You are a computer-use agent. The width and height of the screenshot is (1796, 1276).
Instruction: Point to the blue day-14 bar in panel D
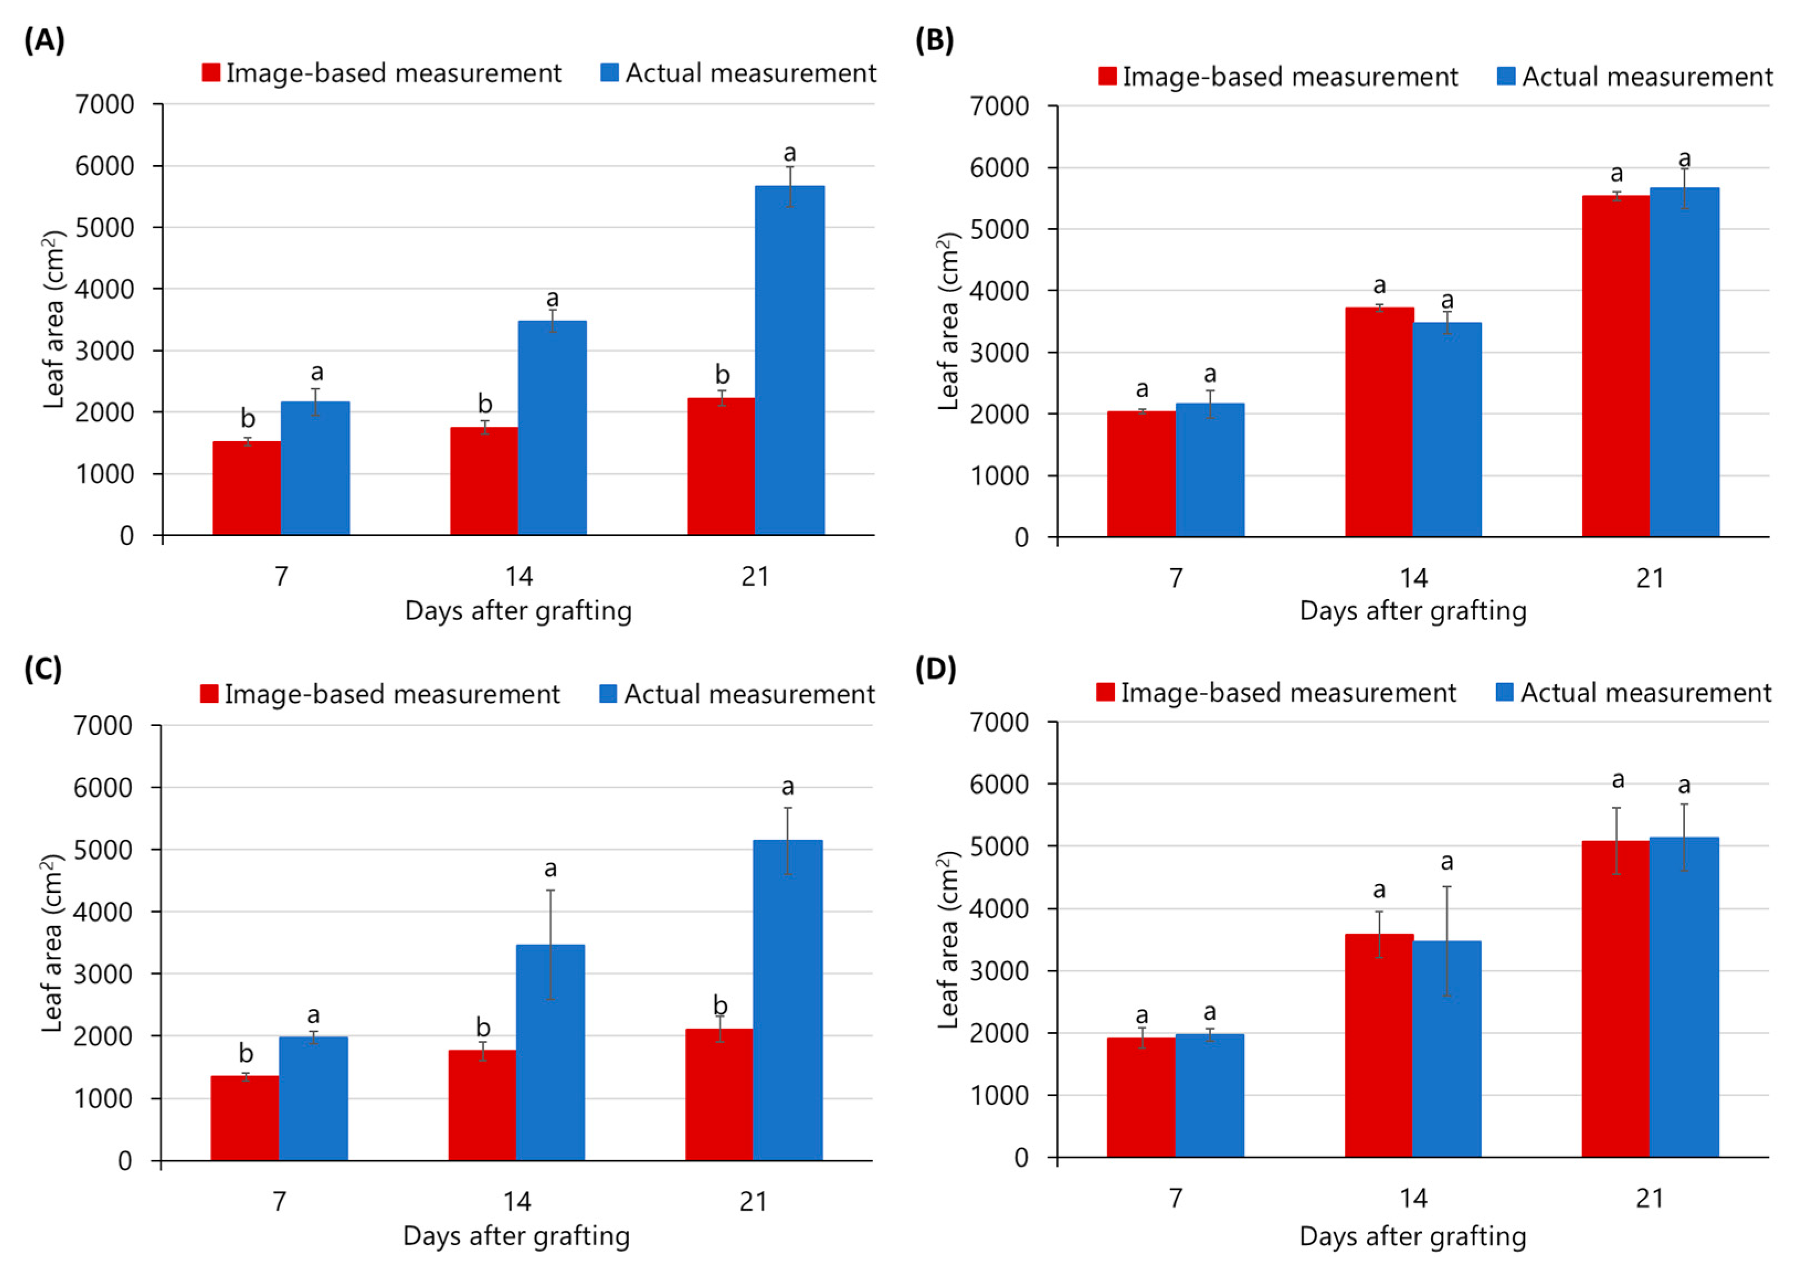[1446, 1049]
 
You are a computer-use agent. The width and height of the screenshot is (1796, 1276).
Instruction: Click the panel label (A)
[44, 39]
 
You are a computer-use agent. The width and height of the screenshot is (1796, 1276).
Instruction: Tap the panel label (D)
[936, 669]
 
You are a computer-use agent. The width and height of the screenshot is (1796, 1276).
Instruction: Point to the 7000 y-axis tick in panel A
[104, 104]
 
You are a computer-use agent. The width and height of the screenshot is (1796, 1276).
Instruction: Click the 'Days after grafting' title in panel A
[518, 611]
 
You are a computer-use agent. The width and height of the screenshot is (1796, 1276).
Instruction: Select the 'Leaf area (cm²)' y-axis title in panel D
[949, 940]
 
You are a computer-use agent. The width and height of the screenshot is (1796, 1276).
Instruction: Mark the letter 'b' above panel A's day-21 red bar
[721, 375]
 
